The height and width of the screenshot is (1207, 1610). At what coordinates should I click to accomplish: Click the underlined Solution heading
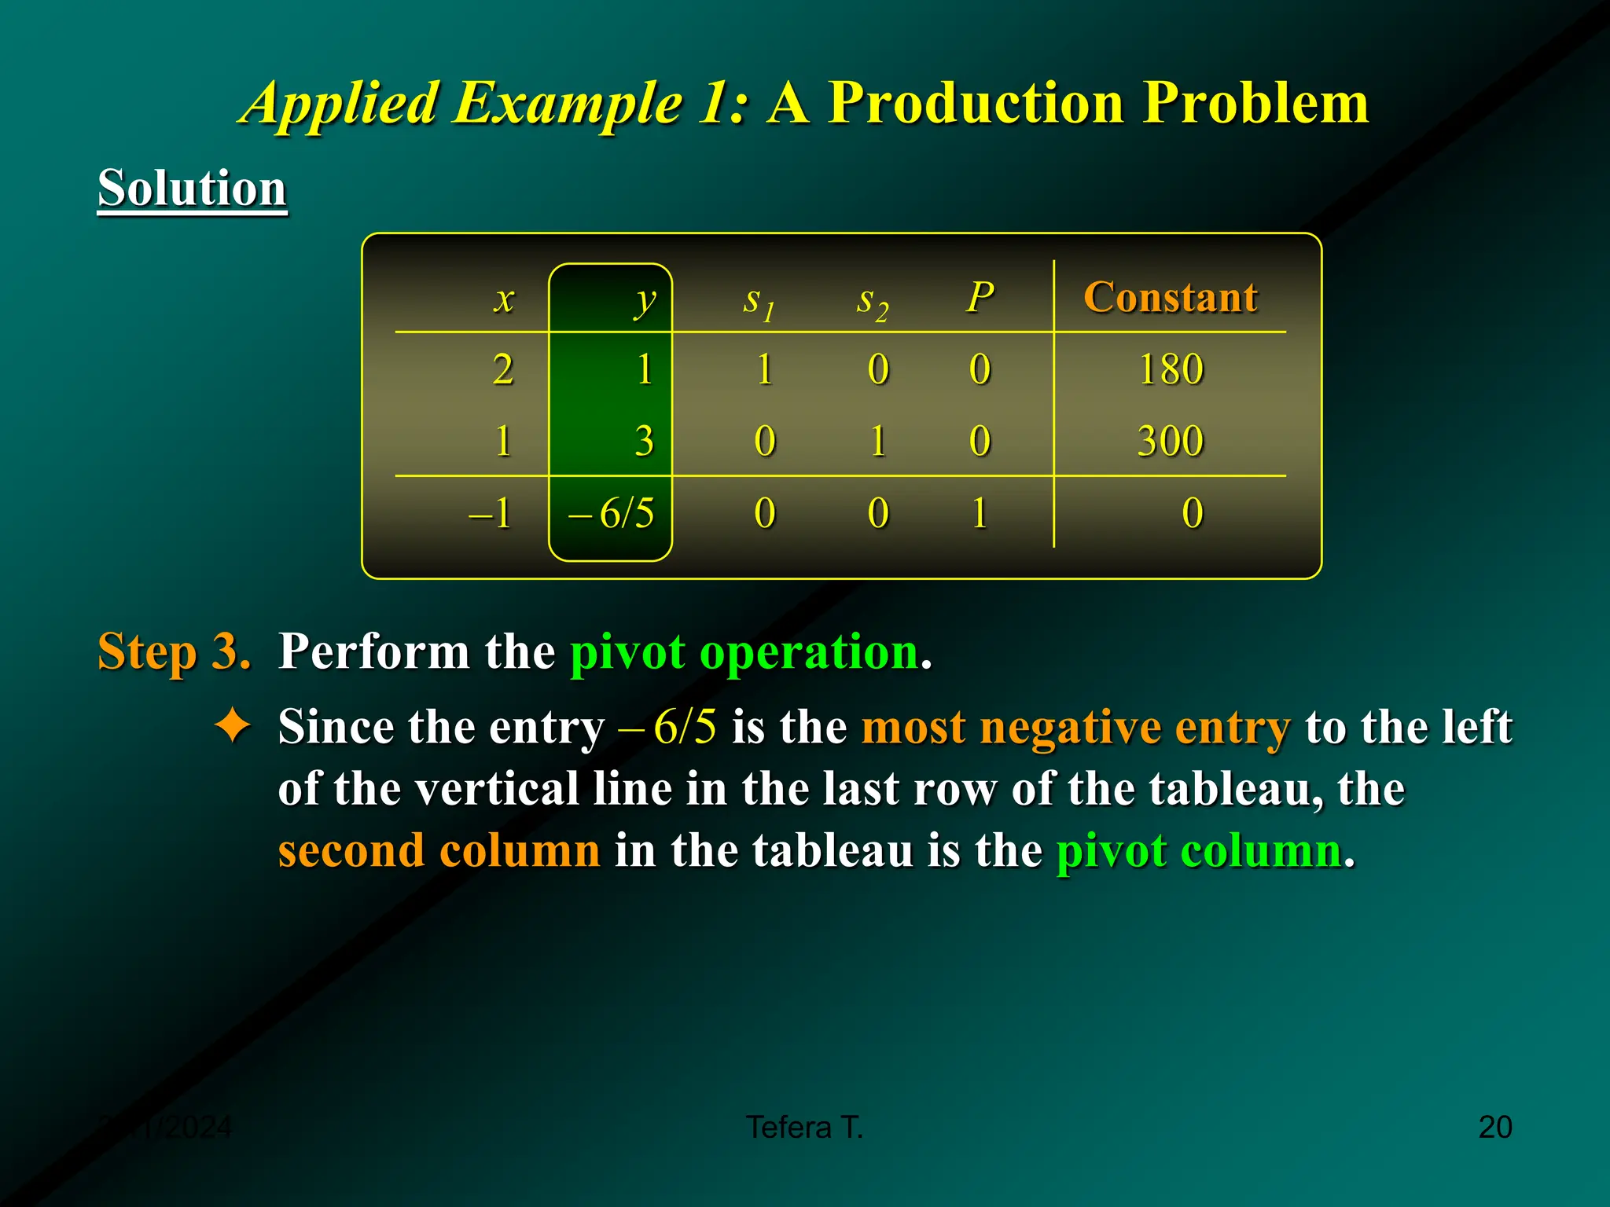pyautogui.click(x=192, y=189)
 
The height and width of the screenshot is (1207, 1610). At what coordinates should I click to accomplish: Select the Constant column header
pyautogui.click(x=1170, y=297)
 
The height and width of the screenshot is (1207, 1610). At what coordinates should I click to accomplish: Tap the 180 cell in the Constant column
pyautogui.click(x=1171, y=369)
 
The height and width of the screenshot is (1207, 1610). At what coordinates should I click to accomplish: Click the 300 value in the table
pyautogui.click(x=1170, y=440)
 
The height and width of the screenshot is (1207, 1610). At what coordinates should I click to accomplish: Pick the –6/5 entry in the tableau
pyautogui.click(x=612, y=513)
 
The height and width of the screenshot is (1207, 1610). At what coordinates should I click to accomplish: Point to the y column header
pyautogui.click(x=645, y=300)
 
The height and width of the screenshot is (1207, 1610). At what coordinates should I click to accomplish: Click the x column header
pyautogui.click(x=504, y=299)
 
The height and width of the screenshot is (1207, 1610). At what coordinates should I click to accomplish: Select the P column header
pyautogui.click(x=980, y=297)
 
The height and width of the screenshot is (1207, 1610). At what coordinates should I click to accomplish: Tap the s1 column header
pyautogui.click(x=759, y=302)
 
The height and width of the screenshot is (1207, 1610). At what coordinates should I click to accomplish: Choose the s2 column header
pyautogui.click(x=872, y=302)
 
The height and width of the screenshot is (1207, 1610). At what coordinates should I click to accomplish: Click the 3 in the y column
pyautogui.click(x=644, y=440)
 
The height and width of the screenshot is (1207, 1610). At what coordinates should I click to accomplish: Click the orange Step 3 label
pyautogui.click(x=174, y=651)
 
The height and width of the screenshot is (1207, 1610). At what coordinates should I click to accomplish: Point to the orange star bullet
pyautogui.click(x=233, y=725)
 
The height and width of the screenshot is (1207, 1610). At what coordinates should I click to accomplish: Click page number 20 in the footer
pyautogui.click(x=1494, y=1127)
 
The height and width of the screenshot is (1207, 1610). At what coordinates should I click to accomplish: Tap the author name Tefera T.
pyautogui.click(x=804, y=1127)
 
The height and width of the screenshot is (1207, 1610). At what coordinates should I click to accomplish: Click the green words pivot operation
pyautogui.click(x=744, y=652)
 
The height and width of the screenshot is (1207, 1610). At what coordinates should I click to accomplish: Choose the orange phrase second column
pyautogui.click(x=439, y=850)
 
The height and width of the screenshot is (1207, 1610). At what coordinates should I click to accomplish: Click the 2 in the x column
pyautogui.click(x=503, y=369)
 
